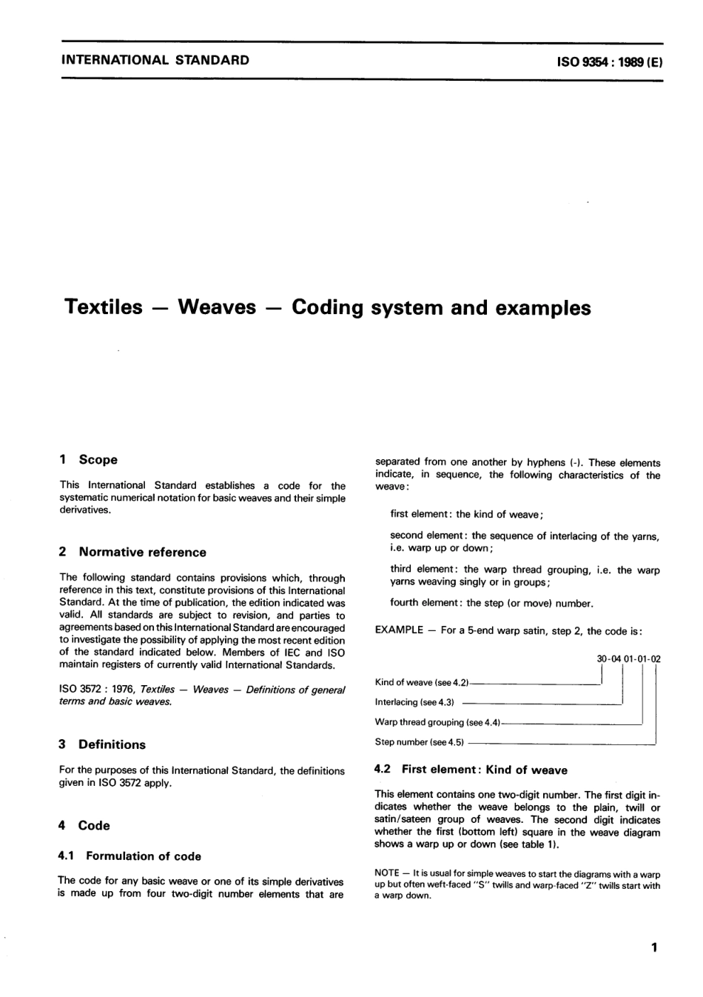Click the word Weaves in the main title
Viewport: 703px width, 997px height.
217,307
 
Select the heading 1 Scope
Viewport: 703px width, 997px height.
88,459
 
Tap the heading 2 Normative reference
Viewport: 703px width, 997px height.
132,552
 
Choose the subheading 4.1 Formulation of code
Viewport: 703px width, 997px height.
129,856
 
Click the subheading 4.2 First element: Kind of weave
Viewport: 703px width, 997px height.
471,770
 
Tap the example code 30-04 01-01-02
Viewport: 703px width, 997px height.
628,658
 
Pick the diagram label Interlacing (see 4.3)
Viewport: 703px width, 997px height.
414,702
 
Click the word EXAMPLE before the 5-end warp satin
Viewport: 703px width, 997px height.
399,631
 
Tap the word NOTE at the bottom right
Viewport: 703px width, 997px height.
388,874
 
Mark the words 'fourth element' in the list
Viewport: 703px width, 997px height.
420,603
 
